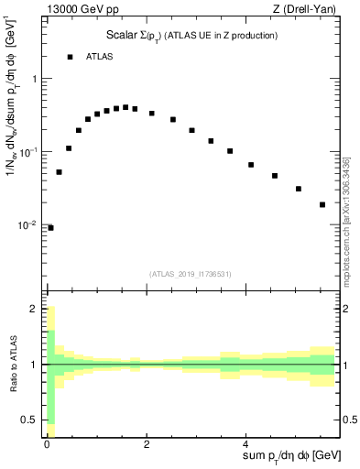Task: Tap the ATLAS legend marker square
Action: tap(70, 57)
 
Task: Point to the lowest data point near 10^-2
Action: tap(50, 227)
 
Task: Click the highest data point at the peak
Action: tap(125, 107)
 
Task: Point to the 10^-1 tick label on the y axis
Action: tap(32, 152)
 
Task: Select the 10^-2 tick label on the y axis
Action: tap(32, 225)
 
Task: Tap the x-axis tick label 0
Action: tap(46, 443)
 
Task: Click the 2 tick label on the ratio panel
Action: tap(37, 310)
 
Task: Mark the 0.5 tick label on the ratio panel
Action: tap(33, 420)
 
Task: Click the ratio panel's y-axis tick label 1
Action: tap(37, 365)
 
